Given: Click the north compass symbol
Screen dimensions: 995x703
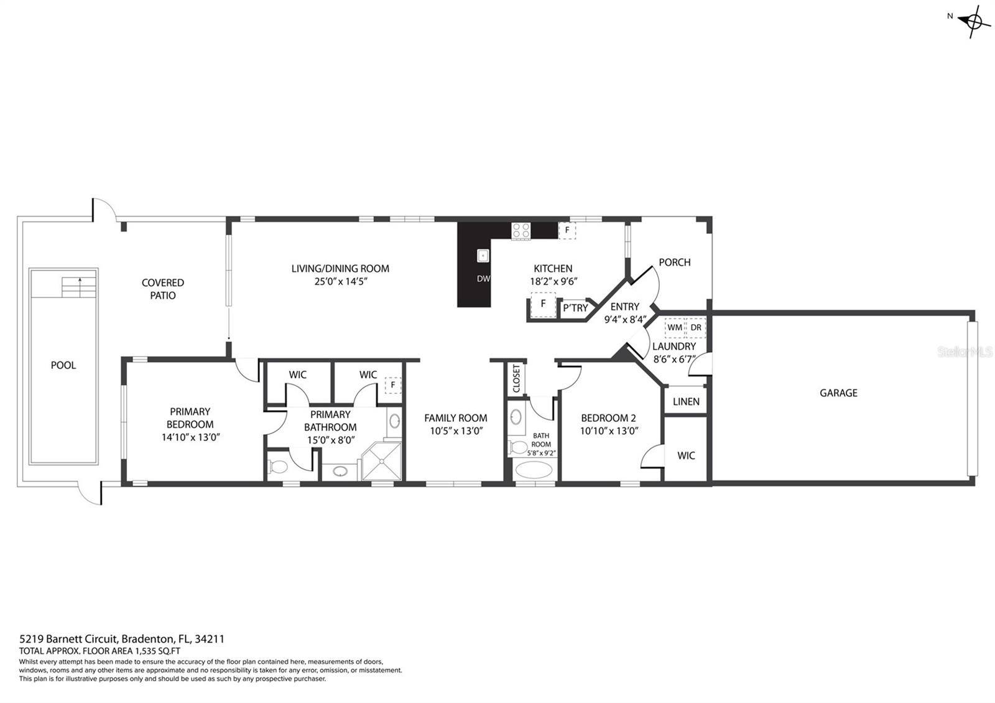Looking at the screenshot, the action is point(973,21).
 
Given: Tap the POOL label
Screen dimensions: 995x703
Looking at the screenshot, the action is point(63,365).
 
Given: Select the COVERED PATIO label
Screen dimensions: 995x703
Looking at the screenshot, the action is point(162,289).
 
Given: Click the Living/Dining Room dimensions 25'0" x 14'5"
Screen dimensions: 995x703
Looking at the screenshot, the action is point(341,281).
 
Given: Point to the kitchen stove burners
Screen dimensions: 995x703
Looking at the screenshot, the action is point(521,231).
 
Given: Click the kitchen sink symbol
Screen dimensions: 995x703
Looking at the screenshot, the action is point(483,256).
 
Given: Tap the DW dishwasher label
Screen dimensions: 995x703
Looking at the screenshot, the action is point(483,279).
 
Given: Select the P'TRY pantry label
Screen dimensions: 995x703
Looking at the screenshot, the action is point(575,308).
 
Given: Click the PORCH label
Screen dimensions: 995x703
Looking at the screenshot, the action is point(674,263).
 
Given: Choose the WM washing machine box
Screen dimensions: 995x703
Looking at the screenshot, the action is point(675,327).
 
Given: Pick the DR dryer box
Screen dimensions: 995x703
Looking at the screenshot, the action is point(696,327).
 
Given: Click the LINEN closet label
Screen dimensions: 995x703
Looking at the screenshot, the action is point(686,402).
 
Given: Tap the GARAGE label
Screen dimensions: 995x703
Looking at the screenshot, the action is point(838,393).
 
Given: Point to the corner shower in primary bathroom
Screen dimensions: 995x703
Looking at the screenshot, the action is point(382,461).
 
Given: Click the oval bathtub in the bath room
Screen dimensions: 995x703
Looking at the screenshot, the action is point(534,470).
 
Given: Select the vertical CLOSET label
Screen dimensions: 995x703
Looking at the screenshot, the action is point(516,379).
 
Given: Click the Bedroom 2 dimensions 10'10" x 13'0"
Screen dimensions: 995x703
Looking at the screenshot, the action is point(609,431).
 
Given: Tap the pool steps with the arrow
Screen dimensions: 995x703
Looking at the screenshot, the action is point(78,287).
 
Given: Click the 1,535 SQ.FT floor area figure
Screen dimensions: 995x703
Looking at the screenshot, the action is point(157,651).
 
